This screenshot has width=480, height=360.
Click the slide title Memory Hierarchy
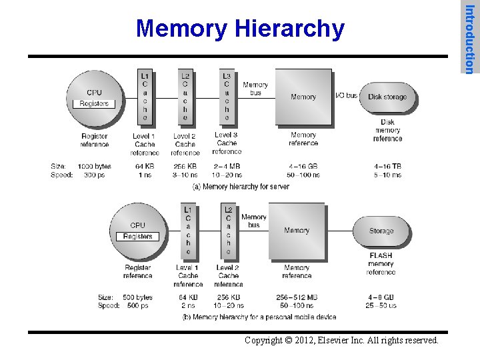(x=240, y=29)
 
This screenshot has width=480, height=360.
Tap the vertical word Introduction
(x=470, y=39)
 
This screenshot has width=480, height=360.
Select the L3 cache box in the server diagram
(x=227, y=96)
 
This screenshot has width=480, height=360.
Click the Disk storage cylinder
(x=387, y=97)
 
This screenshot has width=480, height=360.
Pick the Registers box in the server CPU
(x=94, y=103)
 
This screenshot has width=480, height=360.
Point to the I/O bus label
(x=346, y=97)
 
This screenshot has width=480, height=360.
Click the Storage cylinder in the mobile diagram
(x=381, y=231)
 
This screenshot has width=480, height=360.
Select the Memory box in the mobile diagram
(x=297, y=230)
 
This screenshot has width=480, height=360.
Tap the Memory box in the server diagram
(x=303, y=97)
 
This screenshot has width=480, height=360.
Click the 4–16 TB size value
(x=387, y=167)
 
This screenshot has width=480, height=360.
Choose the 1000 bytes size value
(x=95, y=167)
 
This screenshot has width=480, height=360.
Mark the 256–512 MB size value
(x=297, y=297)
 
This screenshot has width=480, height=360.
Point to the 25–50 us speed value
(x=381, y=306)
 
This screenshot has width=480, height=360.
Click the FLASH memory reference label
(x=381, y=264)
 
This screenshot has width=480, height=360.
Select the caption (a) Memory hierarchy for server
(x=241, y=187)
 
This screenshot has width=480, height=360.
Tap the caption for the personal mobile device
(x=259, y=317)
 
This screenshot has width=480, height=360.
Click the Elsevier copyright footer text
(x=341, y=341)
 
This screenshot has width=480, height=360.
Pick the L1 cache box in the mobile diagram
(x=188, y=231)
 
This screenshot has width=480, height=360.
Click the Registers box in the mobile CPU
(x=138, y=237)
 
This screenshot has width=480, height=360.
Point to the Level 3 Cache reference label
(x=227, y=143)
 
